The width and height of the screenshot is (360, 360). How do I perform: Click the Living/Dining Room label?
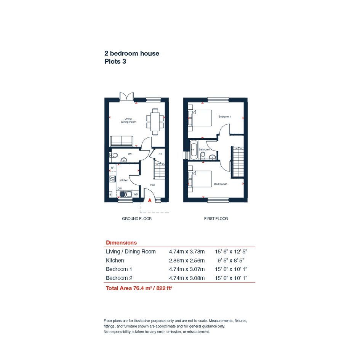coord(129,120)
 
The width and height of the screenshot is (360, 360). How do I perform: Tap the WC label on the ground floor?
coord(130,154)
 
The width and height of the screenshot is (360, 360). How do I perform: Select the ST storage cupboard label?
coord(160,154)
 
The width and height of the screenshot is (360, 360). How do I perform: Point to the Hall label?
coord(152,185)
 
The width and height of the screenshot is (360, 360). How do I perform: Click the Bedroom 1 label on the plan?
coord(224,117)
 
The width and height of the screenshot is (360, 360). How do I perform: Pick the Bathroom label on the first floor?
coord(204,149)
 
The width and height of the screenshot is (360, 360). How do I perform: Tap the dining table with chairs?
coord(155,122)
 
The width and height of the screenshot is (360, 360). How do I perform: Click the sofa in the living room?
coord(122,141)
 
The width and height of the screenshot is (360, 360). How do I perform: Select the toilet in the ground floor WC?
coord(114,155)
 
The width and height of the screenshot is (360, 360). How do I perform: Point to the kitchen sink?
coord(126,194)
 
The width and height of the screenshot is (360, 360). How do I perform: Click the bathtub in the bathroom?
coord(194,150)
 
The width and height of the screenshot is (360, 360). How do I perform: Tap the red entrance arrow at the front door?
coord(150,200)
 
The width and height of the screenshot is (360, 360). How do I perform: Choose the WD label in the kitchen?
coord(136,194)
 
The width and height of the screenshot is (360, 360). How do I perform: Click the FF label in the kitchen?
coord(112,168)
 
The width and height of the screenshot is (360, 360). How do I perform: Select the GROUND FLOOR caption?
coord(137,219)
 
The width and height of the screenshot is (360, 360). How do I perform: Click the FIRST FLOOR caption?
coord(216,219)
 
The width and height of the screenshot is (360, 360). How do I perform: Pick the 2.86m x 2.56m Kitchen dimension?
coord(187,261)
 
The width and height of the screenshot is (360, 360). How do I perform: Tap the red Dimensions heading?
coord(121,243)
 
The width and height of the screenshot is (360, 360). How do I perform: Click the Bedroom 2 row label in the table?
coord(119,278)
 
